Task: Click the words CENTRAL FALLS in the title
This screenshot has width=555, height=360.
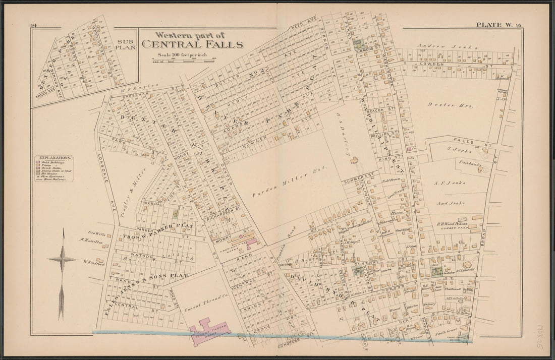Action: pyautogui.click(x=192, y=44)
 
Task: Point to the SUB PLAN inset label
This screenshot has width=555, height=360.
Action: pyautogui.click(x=125, y=44)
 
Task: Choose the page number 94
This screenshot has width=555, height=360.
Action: pyautogui.click(x=34, y=25)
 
